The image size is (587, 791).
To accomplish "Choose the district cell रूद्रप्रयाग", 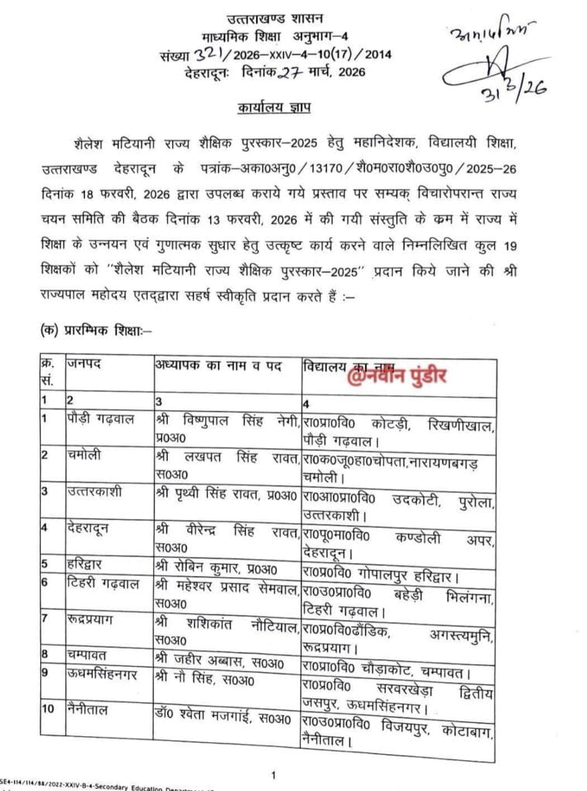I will pos(97,620).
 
